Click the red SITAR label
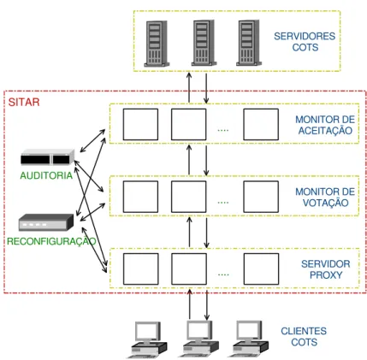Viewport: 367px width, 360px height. (x=24, y=102)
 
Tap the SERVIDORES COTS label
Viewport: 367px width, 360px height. (x=305, y=42)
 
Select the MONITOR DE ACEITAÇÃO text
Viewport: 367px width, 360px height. (x=325, y=125)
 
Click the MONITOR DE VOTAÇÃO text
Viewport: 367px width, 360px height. (x=325, y=198)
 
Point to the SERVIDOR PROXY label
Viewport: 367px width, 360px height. (x=326, y=269)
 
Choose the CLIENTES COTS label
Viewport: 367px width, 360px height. (x=304, y=336)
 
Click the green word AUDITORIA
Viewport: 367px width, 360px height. (x=46, y=175)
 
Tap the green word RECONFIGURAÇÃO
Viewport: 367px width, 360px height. (x=51, y=241)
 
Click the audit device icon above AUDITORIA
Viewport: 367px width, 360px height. (x=48, y=156)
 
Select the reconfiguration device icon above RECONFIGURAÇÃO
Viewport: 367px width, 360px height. (x=46, y=222)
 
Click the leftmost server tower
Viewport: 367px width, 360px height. (x=157, y=44)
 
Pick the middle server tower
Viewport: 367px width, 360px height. (x=204, y=43)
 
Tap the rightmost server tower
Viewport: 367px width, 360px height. (x=249, y=43)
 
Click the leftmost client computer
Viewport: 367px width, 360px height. (x=147, y=339)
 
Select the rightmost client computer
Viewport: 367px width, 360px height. (x=249, y=339)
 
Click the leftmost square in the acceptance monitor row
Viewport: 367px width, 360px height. (x=140, y=124)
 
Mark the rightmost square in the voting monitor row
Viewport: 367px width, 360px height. (x=261, y=197)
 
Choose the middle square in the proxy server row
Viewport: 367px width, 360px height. (x=189, y=269)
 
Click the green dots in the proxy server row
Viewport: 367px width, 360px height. (x=223, y=274)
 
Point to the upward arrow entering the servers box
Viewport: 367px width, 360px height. (x=189, y=87)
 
